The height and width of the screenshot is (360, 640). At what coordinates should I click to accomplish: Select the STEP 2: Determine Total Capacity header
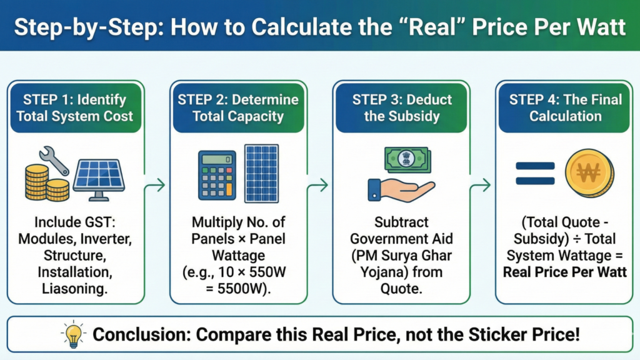pos(238,107)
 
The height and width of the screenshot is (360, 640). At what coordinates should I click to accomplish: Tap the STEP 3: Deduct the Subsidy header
pos(401,107)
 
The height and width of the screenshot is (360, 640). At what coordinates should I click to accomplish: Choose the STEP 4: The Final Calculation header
pos(565,107)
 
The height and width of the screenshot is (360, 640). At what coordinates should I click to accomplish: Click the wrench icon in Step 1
pos(55,160)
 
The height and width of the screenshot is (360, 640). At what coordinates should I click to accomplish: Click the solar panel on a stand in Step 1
pos(98,177)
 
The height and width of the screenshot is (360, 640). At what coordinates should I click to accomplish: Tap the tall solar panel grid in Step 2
pos(261,173)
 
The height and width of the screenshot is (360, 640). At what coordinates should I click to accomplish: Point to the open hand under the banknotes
pos(401,189)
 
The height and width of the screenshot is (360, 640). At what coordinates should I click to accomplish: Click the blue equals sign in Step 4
pos(535,174)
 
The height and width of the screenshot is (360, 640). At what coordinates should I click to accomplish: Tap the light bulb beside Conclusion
pos(73,334)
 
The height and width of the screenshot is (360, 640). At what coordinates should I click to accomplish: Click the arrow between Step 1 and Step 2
pos(156,184)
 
